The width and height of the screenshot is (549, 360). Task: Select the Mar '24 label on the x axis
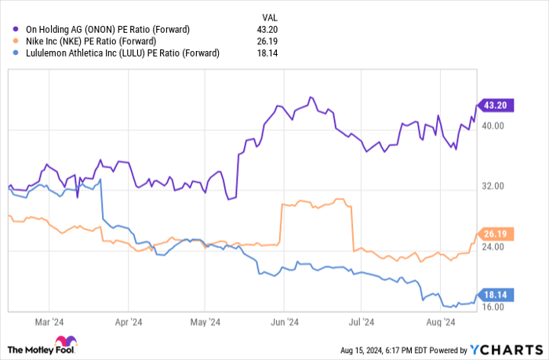tap(48, 321)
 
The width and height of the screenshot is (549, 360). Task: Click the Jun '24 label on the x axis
tap(285, 321)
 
